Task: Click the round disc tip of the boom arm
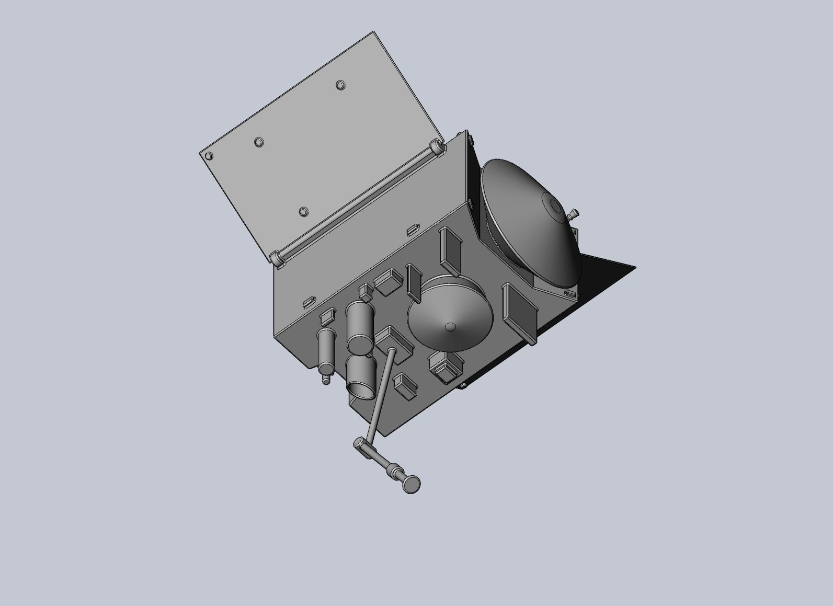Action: click(412, 484)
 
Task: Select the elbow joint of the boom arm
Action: click(360, 446)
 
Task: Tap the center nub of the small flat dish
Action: click(450, 327)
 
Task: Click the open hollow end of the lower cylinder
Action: click(361, 389)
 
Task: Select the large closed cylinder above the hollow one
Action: click(360, 327)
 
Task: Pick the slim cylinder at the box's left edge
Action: click(326, 349)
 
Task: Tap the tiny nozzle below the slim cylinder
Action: click(326, 381)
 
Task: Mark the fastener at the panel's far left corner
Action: click(209, 156)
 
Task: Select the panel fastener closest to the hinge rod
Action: click(303, 212)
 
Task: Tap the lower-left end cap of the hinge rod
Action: click(276, 258)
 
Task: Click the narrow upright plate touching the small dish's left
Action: click(415, 282)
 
